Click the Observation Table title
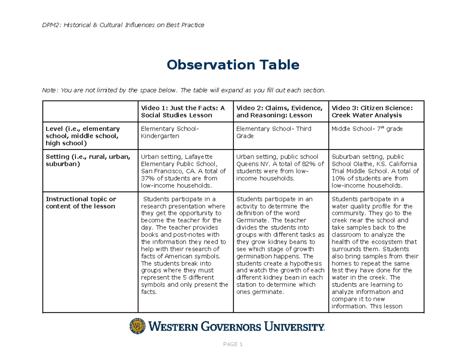tap(233, 65)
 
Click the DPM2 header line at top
tap(123, 25)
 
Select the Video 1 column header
tap(183, 111)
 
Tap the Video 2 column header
tap(279, 111)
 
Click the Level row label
tap(83, 136)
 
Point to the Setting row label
tap(87, 160)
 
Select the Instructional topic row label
tap(81, 203)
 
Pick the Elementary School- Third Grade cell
tap(274, 132)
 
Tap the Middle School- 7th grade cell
tap(367, 129)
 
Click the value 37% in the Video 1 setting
tap(148, 178)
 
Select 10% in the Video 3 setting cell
tap(338, 178)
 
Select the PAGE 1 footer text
tap(233, 344)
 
